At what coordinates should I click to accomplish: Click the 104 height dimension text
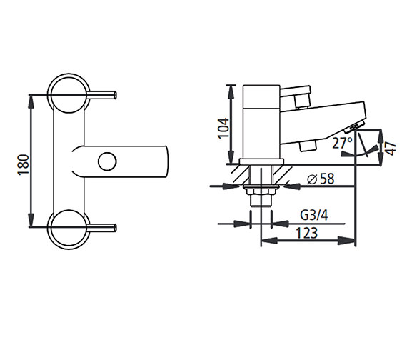(x=223, y=127)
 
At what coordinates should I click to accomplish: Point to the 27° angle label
(x=342, y=144)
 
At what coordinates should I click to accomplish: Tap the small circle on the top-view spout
(x=106, y=161)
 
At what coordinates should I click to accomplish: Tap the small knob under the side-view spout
(x=308, y=146)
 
